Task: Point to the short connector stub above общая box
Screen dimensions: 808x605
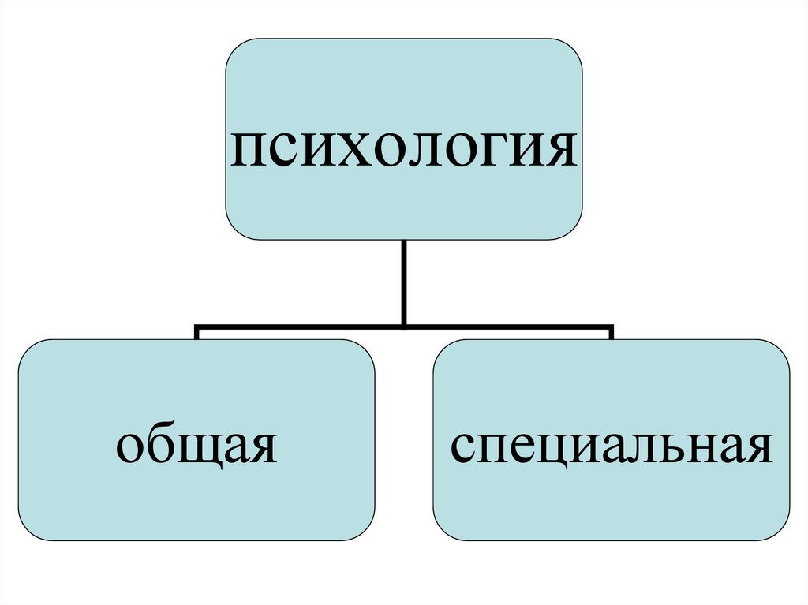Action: (196, 332)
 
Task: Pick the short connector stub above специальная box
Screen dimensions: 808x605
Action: (612, 332)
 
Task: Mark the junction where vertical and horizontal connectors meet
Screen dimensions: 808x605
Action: (404, 323)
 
